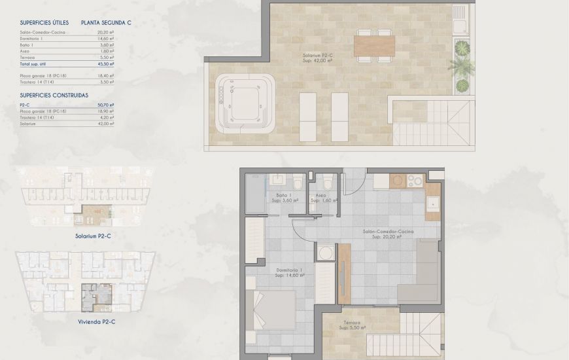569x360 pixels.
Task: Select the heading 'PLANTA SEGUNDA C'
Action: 107,22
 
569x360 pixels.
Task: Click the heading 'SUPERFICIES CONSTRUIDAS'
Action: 54,95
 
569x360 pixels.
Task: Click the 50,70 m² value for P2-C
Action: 106,105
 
